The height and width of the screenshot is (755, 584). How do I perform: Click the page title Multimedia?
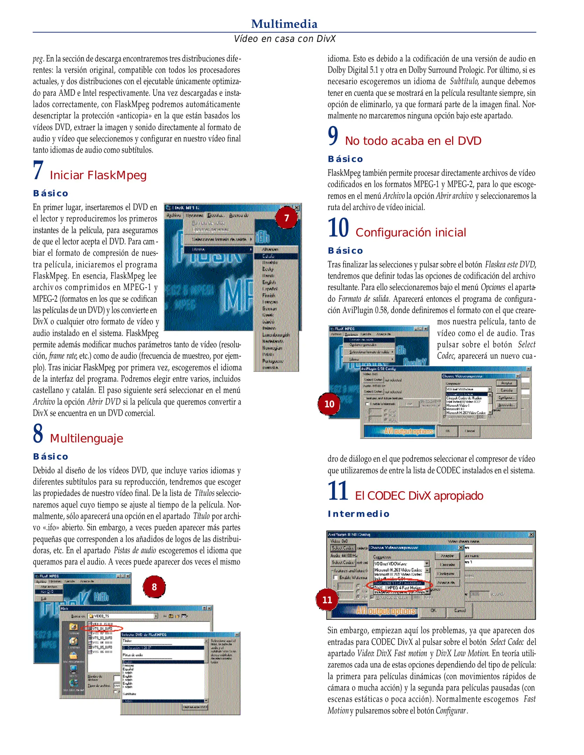point(284,24)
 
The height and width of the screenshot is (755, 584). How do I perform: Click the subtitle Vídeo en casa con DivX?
point(284,39)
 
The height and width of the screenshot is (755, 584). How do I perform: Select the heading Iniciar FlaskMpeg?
point(98,175)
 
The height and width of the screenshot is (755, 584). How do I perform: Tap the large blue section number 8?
point(38,433)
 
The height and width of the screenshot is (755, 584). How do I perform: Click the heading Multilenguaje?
point(86,438)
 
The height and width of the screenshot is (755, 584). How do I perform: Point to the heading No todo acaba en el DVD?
point(413,141)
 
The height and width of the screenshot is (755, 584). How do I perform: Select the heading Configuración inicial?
point(410,232)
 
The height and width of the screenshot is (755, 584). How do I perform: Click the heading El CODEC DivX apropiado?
point(419,495)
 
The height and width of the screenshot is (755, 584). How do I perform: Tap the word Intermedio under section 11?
point(358,513)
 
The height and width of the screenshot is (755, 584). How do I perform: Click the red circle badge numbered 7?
point(286,218)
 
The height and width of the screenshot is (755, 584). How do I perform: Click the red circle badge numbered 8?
point(154,587)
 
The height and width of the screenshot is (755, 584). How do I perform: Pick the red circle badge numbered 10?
point(329,404)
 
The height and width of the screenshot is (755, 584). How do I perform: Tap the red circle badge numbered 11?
point(327,600)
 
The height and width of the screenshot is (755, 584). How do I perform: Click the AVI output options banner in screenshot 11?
point(386,611)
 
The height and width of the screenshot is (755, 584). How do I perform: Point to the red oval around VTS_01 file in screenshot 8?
point(102,628)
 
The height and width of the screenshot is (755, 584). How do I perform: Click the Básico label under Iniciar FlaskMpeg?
point(51,193)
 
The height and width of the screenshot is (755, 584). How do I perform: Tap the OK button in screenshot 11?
point(433,610)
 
